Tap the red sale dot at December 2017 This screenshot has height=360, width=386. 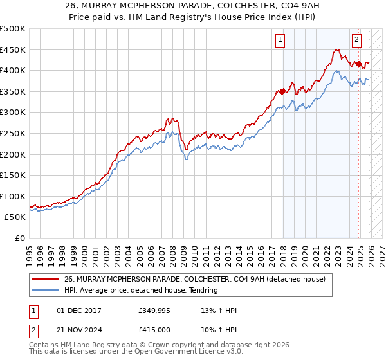click(282, 91)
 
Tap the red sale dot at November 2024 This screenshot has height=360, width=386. click(358, 64)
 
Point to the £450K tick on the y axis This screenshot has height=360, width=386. click(14, 50)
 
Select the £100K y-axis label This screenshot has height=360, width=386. click(14, 196)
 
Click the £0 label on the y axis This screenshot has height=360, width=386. click(21, 238)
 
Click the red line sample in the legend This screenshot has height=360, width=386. click(46, 279)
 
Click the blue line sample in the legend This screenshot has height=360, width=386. click(46, 290)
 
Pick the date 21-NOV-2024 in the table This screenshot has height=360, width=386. click(78, 329)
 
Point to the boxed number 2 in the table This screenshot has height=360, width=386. click(34, 329)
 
